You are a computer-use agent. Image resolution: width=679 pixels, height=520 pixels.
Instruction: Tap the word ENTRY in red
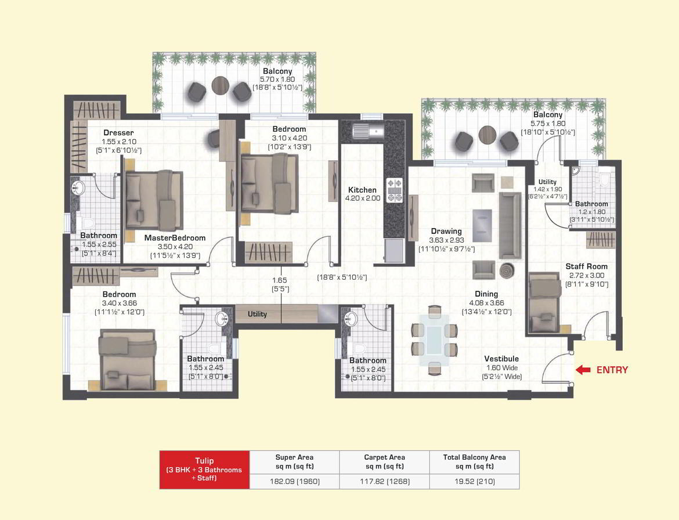click(612, 370)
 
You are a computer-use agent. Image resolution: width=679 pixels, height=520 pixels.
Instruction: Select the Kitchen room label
click(362, 190)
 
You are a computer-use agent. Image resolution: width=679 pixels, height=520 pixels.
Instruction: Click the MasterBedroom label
click(175, 238)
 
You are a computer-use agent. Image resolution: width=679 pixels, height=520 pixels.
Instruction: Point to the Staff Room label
click(586, 267)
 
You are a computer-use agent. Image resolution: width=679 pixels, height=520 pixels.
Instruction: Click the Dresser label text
click(118, 132)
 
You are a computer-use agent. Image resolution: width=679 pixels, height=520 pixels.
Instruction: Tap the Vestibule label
click(502, 359)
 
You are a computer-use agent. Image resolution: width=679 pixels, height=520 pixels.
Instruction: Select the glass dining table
click(434, 337)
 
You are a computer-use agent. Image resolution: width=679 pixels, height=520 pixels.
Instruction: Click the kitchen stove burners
click(395, 190)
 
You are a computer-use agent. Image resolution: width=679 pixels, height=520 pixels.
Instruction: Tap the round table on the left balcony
click(221, 86)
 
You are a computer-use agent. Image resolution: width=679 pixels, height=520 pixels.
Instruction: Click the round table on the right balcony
click(486, 136)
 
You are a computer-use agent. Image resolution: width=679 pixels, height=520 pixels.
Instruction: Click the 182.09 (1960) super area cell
click(294, 481)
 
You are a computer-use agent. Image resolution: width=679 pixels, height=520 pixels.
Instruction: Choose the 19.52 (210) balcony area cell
click(474, 481)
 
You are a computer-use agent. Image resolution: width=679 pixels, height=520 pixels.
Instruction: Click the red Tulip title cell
click(204, 470)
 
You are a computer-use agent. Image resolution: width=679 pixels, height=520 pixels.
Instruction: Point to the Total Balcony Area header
click(474, 461)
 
